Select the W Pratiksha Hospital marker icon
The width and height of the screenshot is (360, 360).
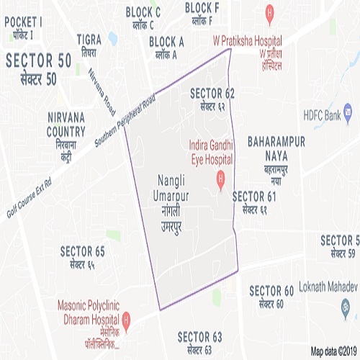point(269,12)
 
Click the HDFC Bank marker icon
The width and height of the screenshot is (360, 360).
point(347,113)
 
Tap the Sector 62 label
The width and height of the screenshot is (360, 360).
point(212,99)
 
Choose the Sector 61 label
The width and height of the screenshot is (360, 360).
point(254,201)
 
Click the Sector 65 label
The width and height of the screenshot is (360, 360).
point(82,257)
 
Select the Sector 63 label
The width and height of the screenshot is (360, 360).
point(199,342)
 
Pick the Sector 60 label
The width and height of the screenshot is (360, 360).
point(271,296)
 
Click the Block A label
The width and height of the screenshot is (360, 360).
point(168,48)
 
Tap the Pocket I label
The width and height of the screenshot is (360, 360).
point(24,27)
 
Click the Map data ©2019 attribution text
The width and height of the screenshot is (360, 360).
point(334,351)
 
